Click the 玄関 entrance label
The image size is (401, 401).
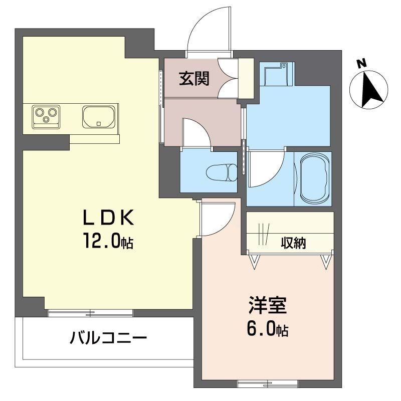point(194,78)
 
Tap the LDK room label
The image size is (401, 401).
point(108,218)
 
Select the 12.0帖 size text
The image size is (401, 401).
point(108,241)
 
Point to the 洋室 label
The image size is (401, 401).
point(268,305)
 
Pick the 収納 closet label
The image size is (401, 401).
point(294,243)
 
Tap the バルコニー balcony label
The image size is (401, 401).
point(108,337)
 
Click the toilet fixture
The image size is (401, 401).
point(222,172)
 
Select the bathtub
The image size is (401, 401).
point(314,179)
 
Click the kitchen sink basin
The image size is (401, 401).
point(98,117)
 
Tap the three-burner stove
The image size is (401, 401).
point(46,117)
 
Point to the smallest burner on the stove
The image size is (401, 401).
point(46,119)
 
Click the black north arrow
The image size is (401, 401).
point(372,90)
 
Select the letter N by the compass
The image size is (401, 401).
point(361,63)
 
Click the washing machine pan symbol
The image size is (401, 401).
point(276,74)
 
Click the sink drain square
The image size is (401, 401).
point(99,124)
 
